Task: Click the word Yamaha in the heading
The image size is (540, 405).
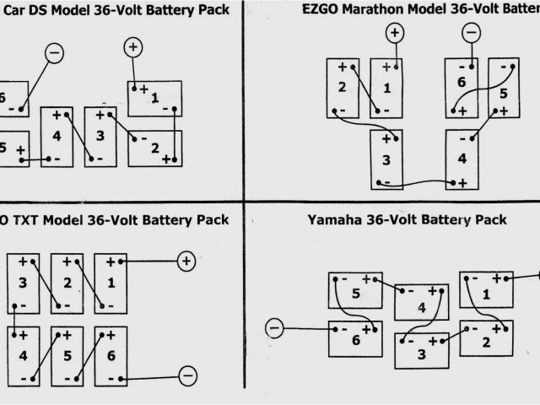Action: [x=334, y=220]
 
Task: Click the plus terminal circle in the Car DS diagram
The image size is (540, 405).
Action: [x=133, y=47]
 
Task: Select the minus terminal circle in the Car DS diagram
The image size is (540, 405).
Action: [x=54, y=53]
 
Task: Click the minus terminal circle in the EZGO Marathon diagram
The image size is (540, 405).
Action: [x=471, y=33]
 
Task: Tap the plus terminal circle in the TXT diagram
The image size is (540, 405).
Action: [x=186, y=262]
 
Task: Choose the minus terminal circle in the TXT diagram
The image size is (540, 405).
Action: [x=188, y=375]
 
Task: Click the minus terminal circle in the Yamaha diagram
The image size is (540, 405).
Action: [x=273, y=327]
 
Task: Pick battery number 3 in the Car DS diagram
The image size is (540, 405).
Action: [x=100, y=134]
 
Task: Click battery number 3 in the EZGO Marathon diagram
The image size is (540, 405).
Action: [x=386, y=160]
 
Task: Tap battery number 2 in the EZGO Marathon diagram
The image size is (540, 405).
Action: [x=342, y=87]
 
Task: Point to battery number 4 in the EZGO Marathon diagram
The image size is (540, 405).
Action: [x=461, y=159]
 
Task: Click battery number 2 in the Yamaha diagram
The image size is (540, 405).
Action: [x=486, y=341]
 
